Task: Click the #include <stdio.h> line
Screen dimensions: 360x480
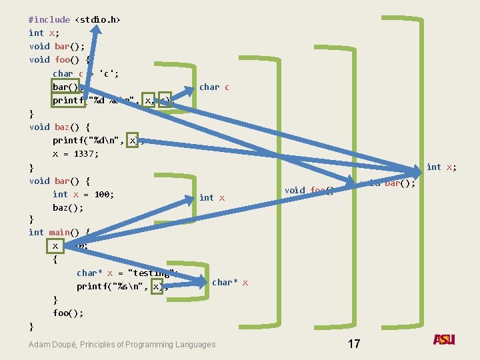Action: click(x=75, y=19)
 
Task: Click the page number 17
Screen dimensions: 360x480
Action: click(x=354, y=344)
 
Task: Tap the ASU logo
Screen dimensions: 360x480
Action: click(x=444, y=340)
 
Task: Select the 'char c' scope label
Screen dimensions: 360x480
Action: click(x=214, y=87)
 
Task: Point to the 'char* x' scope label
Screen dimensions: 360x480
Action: click(x=230, y=283)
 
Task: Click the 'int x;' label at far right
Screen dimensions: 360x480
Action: click(x=441, y=167)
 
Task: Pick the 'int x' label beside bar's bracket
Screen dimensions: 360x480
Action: click(x=212, y=197)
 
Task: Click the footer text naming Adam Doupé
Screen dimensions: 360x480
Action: click(x=122, y=345)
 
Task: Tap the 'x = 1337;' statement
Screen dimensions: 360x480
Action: click(x=75, y=153)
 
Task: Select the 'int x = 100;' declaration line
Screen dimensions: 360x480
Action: click(x=83, y=194)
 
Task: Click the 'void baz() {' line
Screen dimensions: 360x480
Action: click(x=59, y=127)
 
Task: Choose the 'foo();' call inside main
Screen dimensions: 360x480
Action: click(x=68, y=313)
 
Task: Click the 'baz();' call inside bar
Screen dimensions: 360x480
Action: click(x=68, y=207)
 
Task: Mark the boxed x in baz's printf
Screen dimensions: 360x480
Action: click(x=133, y=140)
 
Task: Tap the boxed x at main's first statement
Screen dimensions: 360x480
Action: click(x=55, y=245)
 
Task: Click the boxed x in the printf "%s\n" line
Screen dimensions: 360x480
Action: click(x=157, y=286)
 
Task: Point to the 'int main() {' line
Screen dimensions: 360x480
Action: click(x=59, y=232)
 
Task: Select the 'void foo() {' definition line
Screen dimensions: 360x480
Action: click(x=59, y=59)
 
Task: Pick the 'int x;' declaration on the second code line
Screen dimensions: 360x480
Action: click(x=44, y=33)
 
